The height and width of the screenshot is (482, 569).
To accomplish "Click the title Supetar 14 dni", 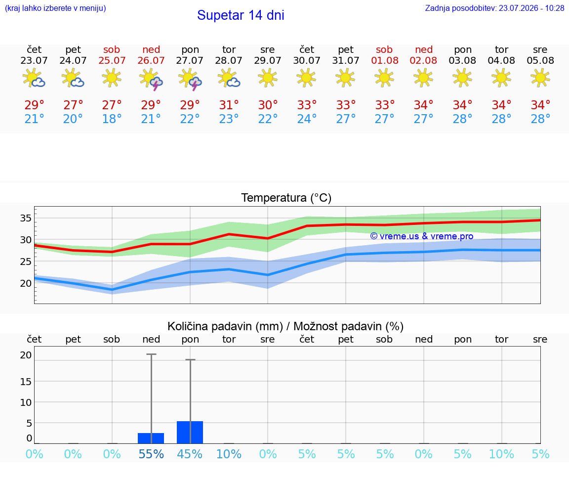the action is (x=241, y=15).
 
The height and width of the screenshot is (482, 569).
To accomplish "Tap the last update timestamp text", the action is (x=494, y=8).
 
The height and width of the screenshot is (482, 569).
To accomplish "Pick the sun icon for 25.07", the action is (x=112, y=78).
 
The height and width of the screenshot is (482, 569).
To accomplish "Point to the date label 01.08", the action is (x=385, y=61).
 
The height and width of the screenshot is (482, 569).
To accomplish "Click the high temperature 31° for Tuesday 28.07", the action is (x=229, y=105).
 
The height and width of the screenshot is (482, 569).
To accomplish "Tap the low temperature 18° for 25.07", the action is (x=112, y=119).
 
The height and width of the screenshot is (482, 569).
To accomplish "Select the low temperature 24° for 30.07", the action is (x=307, y=119).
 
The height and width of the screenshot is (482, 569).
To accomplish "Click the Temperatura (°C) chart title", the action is (x=286, y=198).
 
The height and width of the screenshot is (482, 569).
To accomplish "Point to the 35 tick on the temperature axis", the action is (x=26, y=218).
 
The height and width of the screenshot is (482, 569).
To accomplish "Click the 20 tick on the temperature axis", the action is (x=26, y=283).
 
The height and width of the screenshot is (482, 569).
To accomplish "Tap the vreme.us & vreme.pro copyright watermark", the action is (x=422, y=236).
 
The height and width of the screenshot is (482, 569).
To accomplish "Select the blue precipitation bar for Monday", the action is (x=190, y=432).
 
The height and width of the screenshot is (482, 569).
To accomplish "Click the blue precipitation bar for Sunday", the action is (x=151, y=438).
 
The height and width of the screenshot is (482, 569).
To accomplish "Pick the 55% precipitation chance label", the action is (x=151, y=454).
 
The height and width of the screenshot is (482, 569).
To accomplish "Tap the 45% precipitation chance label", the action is (x=190, y=454).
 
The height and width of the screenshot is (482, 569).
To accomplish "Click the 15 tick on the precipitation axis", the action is (x=26, y=381).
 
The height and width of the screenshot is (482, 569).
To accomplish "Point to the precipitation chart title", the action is (x=285, y=326).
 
